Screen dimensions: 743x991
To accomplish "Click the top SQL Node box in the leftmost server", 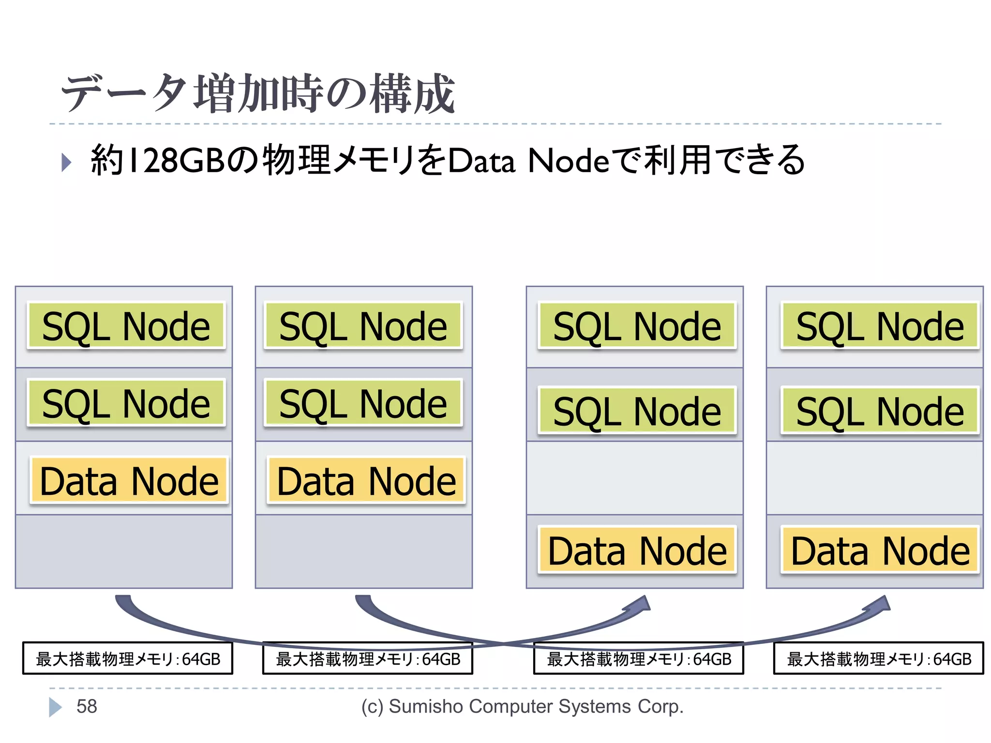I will pos(126,326).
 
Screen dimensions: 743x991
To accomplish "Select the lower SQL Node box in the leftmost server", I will pos(126,403).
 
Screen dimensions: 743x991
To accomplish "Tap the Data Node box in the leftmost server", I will pos(129,481).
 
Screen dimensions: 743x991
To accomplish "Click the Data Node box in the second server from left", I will pos(366,481).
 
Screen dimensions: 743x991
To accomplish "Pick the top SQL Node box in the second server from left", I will pos(363,326).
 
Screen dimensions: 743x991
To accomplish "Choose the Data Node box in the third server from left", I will pos(637,550).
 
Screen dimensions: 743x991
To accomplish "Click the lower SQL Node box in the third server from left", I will pos(637,411).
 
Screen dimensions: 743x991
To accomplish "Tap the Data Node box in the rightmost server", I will pos(880,550).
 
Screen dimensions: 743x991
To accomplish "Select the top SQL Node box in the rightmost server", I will pos(880,326).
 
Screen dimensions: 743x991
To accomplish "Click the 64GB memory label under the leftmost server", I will pos(128,658).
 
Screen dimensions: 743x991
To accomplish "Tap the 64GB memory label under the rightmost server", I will pos(879,658).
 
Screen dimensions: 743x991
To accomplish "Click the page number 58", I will pos(87,706).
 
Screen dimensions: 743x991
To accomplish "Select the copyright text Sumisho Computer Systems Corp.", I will pos(523,706).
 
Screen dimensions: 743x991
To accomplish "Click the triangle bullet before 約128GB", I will pos(66,162).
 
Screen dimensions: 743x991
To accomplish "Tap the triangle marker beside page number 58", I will pos(55,707).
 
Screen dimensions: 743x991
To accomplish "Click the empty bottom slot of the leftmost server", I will pos(124,551).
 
